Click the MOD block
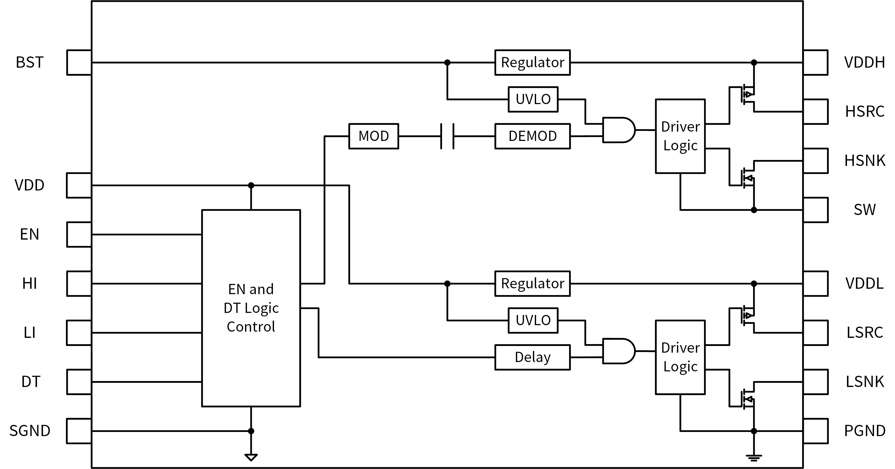coord(374,136)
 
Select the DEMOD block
coord(532,136)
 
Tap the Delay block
coord(532,357)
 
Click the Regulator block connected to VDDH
coord(532,62)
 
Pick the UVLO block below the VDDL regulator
coord(533,320)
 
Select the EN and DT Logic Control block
coord(251,308)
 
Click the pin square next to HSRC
coord(815,112)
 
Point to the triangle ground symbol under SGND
coord(251,457)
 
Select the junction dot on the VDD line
coord(251,185)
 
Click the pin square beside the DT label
coord(79,382)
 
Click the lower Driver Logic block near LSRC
coord(680,357)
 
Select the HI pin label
coord(30,284)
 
